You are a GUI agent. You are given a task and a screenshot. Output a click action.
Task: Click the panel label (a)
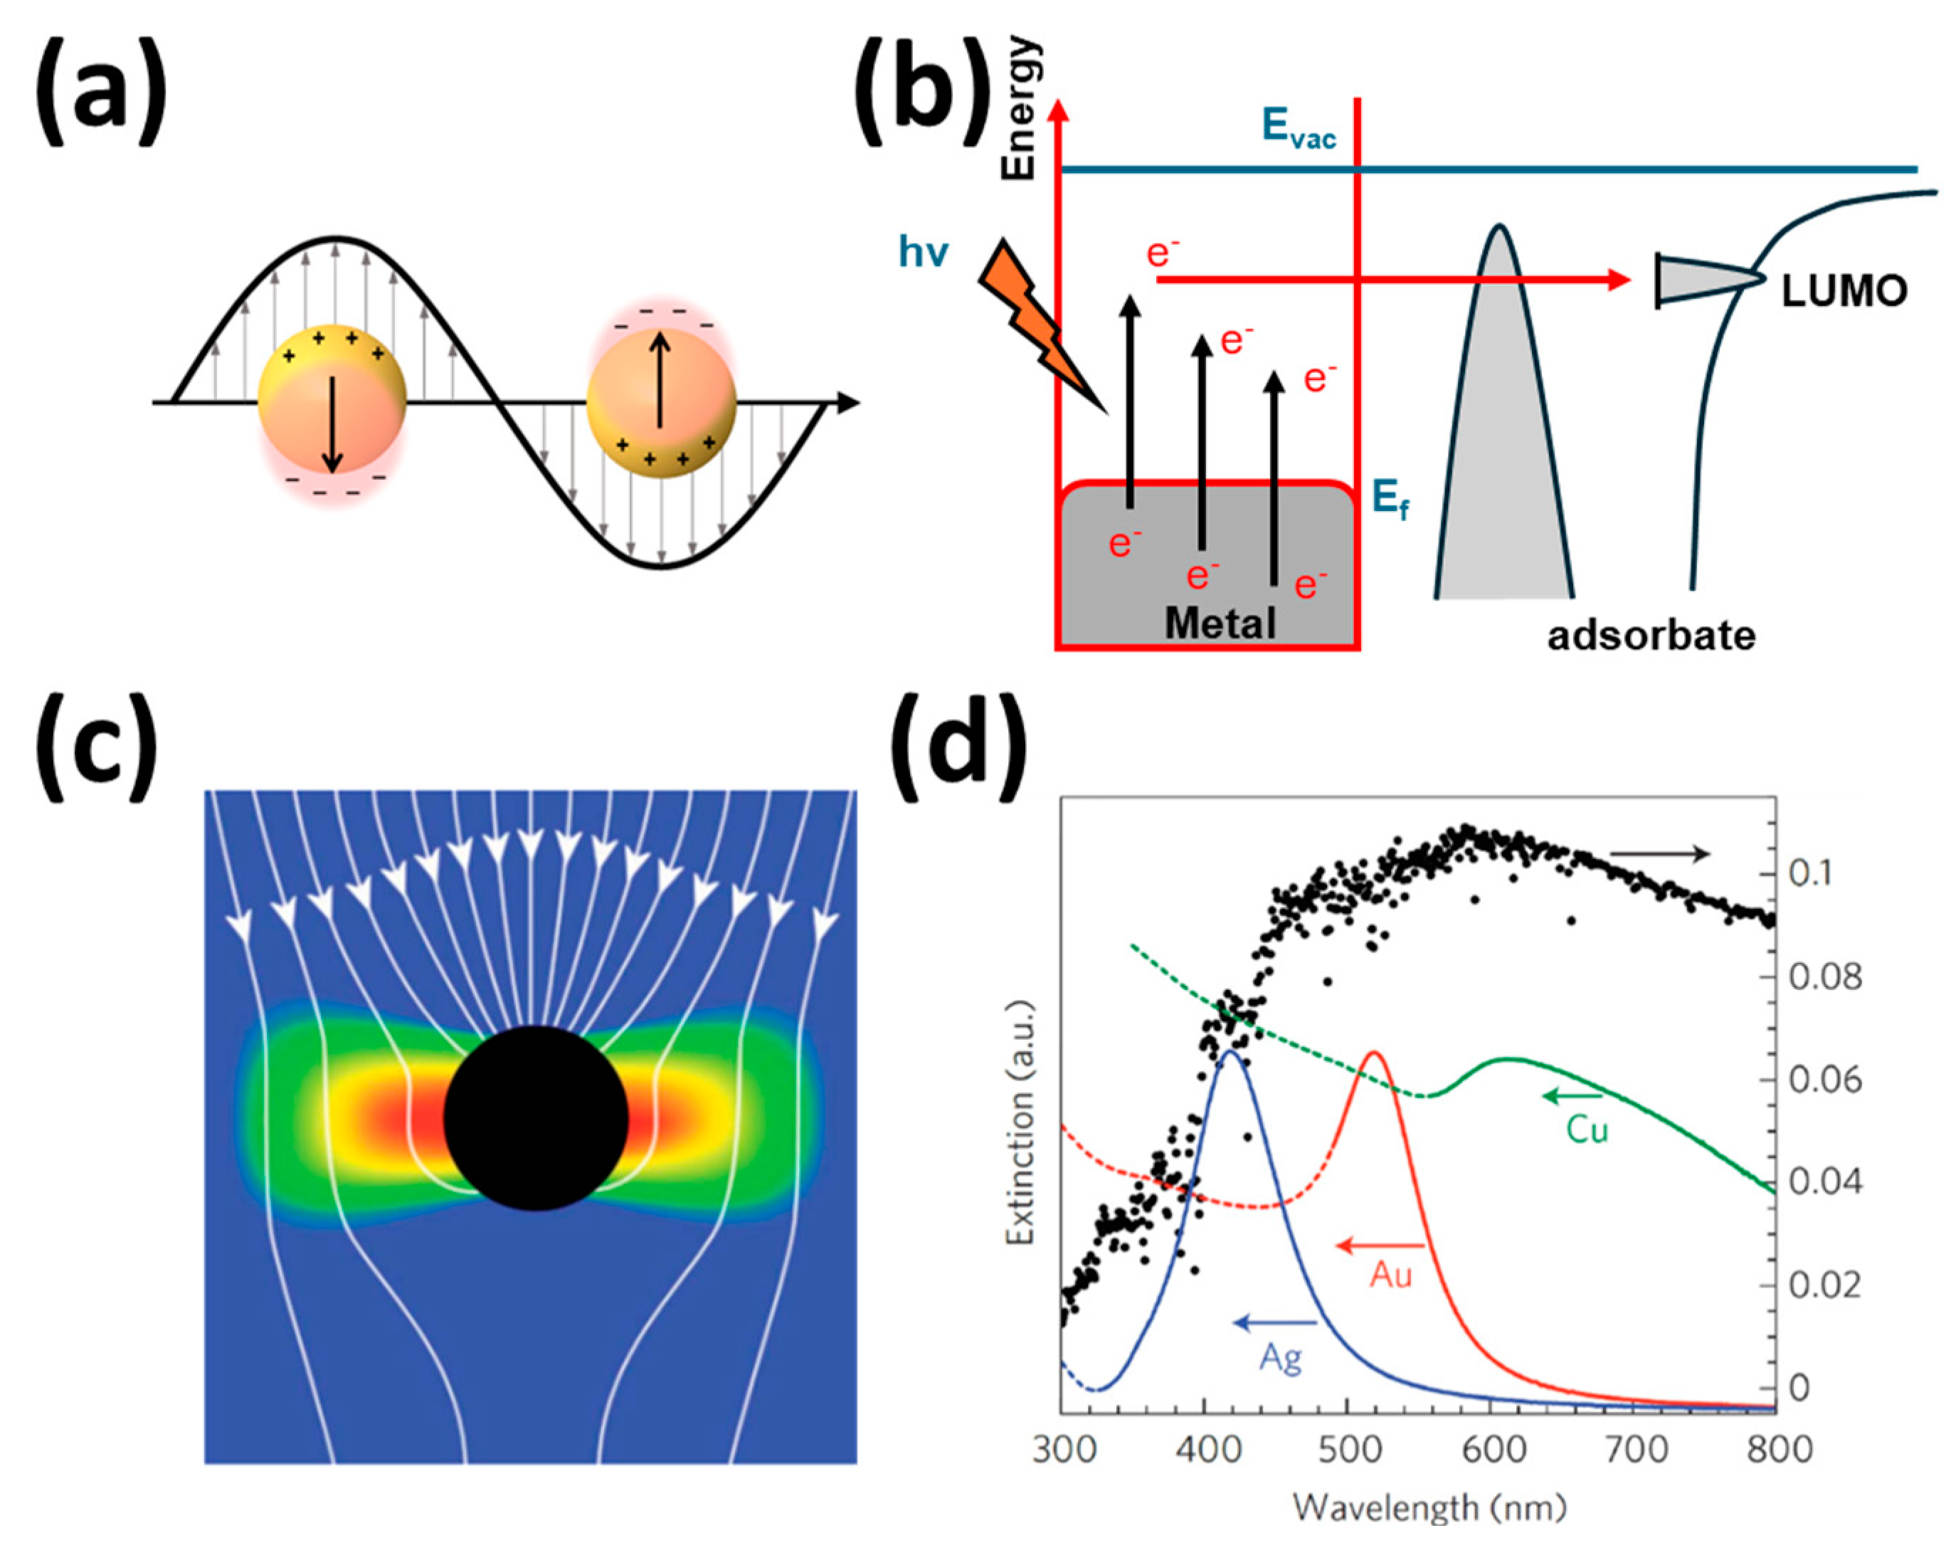(x=100, y=90)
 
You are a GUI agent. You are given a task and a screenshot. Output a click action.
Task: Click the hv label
(x=922, y=251)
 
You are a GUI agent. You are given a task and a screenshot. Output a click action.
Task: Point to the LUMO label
(x=1844, y=291)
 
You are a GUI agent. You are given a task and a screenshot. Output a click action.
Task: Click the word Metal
(x=1220, y=623)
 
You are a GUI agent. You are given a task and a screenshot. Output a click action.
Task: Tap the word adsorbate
(x=1651, y=636)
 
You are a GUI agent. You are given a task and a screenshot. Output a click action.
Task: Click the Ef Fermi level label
(x=1389, y=500)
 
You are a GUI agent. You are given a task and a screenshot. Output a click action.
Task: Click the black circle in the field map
(x=536, y=1117)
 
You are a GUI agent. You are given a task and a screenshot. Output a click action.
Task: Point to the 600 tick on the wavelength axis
(x=1491, y=1449)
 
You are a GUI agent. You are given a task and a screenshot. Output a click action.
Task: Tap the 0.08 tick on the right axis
(x=1824, y=976)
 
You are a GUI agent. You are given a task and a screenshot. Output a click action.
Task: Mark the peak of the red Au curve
(x=1374, y=1053)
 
